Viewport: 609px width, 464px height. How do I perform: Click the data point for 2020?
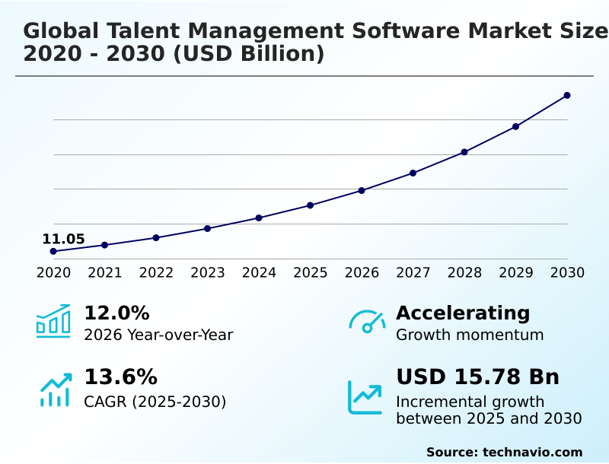pyautogui.click(x=53, y=251)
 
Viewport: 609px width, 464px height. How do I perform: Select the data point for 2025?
pyautogui.click(x=311, y=205)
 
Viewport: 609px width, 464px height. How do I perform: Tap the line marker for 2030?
pyautogui.click(x=567, y=95)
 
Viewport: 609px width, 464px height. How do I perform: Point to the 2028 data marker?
pyautogui.click(x=464, y=152)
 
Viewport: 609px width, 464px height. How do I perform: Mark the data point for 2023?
pyautogui.click(x=208, y=228)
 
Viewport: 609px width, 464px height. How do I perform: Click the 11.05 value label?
pyautogui.click(x=63, y=239)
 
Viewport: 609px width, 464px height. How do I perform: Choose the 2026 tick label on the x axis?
pyautogui.click(x=362, y=272)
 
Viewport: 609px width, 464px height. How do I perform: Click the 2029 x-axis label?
pyautogui.click(x=516, y=272)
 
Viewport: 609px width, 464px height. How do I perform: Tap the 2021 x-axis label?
pyautogui.click(x=105, y=272)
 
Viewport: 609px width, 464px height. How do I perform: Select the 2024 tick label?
pyautogui.click(x=259, y=272)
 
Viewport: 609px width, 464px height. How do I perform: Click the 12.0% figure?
pyautogui.click(x=116, y=313)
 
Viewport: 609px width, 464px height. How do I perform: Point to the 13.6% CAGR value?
pyautogui.click(x=120, y=377)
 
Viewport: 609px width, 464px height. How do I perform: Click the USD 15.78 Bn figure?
pyautogui.click(x=477, y=377)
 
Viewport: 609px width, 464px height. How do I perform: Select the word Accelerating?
pyautogui.click(x=463, y=313)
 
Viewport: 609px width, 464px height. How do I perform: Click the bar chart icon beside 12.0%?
pyautogui.click(x=53, y=321)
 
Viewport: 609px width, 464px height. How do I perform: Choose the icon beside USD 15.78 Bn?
pyautogui.click(x=365, y=396)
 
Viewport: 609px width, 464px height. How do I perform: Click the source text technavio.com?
pyautogui.click(x=532, y=452)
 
